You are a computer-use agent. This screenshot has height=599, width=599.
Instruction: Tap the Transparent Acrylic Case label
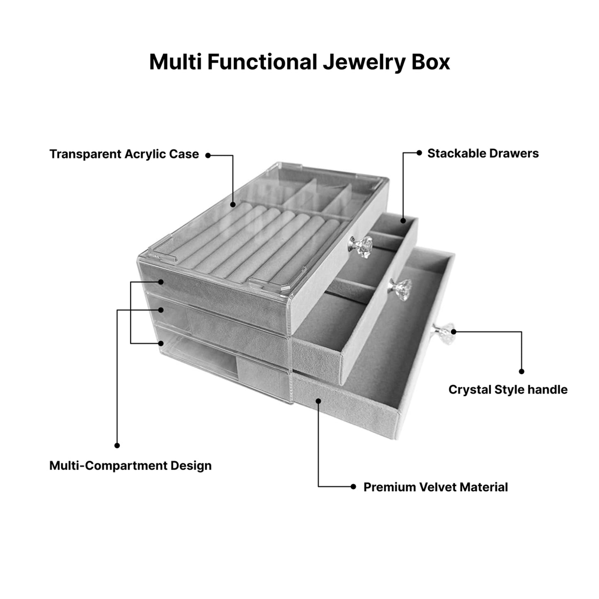click(124, 154)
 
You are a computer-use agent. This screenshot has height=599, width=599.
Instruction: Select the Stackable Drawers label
click(483, 153)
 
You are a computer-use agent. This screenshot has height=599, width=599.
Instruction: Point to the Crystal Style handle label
click(508, 390)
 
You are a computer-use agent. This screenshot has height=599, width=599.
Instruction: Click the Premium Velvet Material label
click(435, 487)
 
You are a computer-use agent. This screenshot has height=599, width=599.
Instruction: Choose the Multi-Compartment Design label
click(130, 466)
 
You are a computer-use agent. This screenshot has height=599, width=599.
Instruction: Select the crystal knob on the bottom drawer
click(440, 332)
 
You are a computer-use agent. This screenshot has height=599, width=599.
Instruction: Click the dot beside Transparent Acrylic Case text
click(208, 155)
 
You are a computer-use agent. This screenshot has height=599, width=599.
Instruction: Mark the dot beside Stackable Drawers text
click(419, 153)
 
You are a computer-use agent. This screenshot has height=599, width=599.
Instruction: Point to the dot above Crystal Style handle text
click(521, 371)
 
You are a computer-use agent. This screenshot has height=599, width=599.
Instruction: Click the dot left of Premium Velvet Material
click(353, 487)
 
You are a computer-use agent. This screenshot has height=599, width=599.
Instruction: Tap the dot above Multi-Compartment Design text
click(117, 445)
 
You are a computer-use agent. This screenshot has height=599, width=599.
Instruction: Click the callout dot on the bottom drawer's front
click(318, 400)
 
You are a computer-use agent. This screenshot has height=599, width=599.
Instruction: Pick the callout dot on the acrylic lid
click(233, 204)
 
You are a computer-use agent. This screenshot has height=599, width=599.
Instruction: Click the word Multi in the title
click(175, 62)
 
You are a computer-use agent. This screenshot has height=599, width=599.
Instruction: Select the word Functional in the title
click(262, 62)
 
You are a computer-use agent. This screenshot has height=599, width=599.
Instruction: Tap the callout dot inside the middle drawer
click(403, 221)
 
